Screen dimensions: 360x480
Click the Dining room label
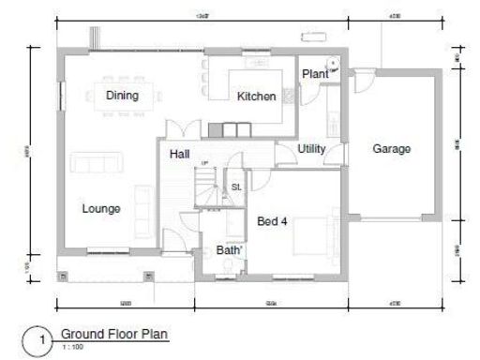pos(122,96)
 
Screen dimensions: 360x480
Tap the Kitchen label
pos(256,97)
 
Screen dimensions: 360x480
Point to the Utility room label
pos(311,148)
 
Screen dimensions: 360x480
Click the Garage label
pos(392,148)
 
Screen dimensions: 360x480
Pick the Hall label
pos(181,154)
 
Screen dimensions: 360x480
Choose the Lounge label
pos(101,208)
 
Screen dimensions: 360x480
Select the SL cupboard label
pos(236,187)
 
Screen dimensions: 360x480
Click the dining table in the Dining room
pos(122,95)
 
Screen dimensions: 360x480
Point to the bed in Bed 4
pos(310,236)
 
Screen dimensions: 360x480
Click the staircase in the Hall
pos(208,187)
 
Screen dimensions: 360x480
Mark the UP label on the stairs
pos(203,164)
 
